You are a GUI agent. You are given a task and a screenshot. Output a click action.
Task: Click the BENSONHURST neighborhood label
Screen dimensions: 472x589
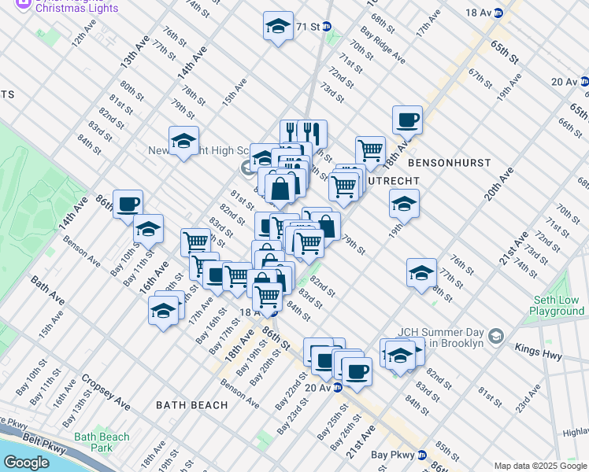pyautogui.click(x=450, y=162)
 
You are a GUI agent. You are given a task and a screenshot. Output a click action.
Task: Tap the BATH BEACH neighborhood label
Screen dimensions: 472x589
pyautogui.click(x=191, y=405)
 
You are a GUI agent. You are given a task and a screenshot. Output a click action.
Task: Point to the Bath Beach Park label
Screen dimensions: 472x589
pyautogui.click(x=102, y=442)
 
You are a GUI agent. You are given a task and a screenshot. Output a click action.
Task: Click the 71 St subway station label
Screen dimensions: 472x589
pyautogui.click(x=307, y=27)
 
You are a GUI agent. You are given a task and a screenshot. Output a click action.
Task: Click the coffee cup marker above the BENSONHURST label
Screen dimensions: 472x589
pyautogui.click(x=407, y=120)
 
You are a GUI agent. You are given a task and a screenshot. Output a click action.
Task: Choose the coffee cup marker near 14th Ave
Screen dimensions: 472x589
pyautogui.click(x=128, y=204)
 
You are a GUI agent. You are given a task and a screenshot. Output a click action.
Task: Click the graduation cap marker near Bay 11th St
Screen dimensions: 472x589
pyautogui.click(x=148, y=229)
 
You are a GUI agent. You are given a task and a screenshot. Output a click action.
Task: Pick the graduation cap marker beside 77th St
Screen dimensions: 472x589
pyautogui.click(x=421, y=272)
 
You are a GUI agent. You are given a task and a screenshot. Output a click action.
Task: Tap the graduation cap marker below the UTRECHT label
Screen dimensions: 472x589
pyautogui.click(x=404, y=204)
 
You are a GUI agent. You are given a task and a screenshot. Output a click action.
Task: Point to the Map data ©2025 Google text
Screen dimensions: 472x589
pyautogui.click(x=539, y=466)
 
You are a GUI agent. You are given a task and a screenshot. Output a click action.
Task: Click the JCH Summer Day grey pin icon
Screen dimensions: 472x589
pyautogui.click(x=495, y=336)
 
